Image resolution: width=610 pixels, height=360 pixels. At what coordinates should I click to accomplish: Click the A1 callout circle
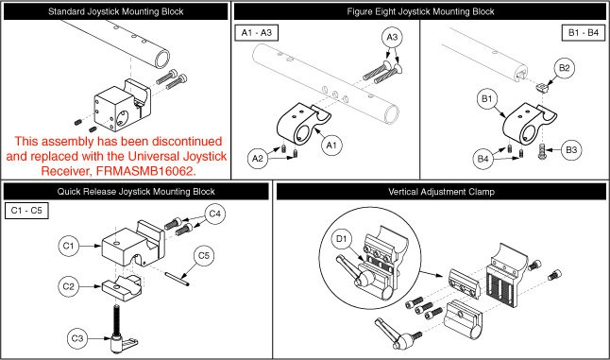click(x=331, y=146)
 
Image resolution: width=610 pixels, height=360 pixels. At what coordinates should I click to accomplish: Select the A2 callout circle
click(x=258, y=159)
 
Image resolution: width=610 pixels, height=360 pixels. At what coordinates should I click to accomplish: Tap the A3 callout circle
click(x=392, y=38)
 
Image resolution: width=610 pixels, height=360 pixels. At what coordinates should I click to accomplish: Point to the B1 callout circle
click(x=487, y=99)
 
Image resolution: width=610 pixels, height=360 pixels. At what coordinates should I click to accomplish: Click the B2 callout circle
click(x=564, y=68)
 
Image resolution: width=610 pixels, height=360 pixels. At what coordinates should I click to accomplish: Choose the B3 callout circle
click(x=571, y=150)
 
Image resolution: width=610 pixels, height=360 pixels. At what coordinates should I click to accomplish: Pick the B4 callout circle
click(x=483, y=159)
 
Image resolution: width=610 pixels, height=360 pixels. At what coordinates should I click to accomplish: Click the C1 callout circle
click(x=69, y=246)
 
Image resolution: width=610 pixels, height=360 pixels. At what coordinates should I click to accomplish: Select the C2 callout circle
click(x=69, y=286)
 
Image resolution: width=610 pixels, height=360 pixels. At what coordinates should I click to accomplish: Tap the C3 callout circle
click(x=77, y=338)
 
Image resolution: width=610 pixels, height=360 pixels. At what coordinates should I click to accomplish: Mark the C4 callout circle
click(x=214, y=214)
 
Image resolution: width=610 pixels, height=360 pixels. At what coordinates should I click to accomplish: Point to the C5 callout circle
click(x=204, y=256)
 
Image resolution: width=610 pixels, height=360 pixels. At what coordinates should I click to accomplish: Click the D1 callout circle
click(x=341, y=239)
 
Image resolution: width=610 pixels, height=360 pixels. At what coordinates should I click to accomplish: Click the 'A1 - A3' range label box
click(x=257, y=33)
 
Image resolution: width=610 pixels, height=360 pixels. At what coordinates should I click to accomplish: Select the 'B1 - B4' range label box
click(x=584, y=33)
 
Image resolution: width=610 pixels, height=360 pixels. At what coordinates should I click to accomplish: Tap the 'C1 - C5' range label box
click(x=26, y=211)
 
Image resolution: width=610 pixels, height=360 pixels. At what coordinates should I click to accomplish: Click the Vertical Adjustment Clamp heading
click(x=441, y=192)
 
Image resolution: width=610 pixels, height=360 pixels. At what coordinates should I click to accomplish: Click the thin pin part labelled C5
click(x=178, y=279)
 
